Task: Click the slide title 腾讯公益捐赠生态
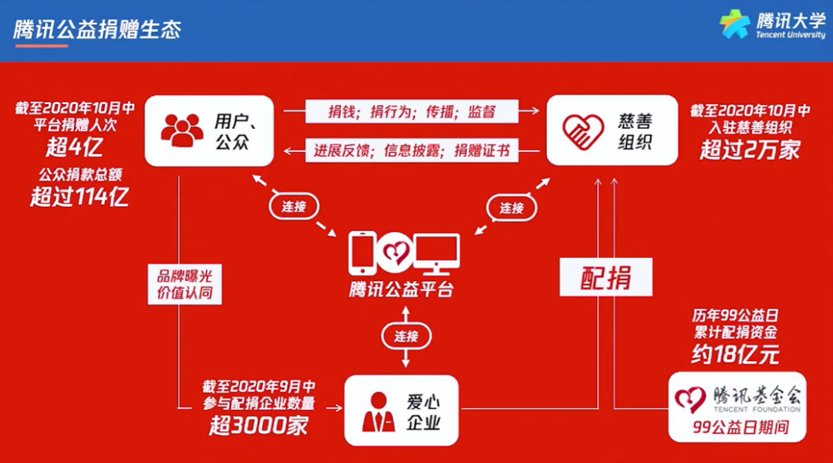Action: [97, 30]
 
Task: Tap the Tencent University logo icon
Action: [734, 24]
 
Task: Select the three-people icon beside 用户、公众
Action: [182, 130]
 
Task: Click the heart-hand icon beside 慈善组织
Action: [583, 130]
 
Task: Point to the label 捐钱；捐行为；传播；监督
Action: [412, 112]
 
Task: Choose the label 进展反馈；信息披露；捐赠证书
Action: [412, 150]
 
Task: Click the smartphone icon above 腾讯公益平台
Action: [362, 252]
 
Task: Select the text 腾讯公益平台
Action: [401, 290]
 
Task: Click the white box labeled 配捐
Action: [606, 277]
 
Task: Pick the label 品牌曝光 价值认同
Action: [184, 284]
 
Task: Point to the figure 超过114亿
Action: [79, 197]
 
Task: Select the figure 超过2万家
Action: [750, 149]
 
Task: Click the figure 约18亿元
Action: [734, 353]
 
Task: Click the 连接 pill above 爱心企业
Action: [406, 336]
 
